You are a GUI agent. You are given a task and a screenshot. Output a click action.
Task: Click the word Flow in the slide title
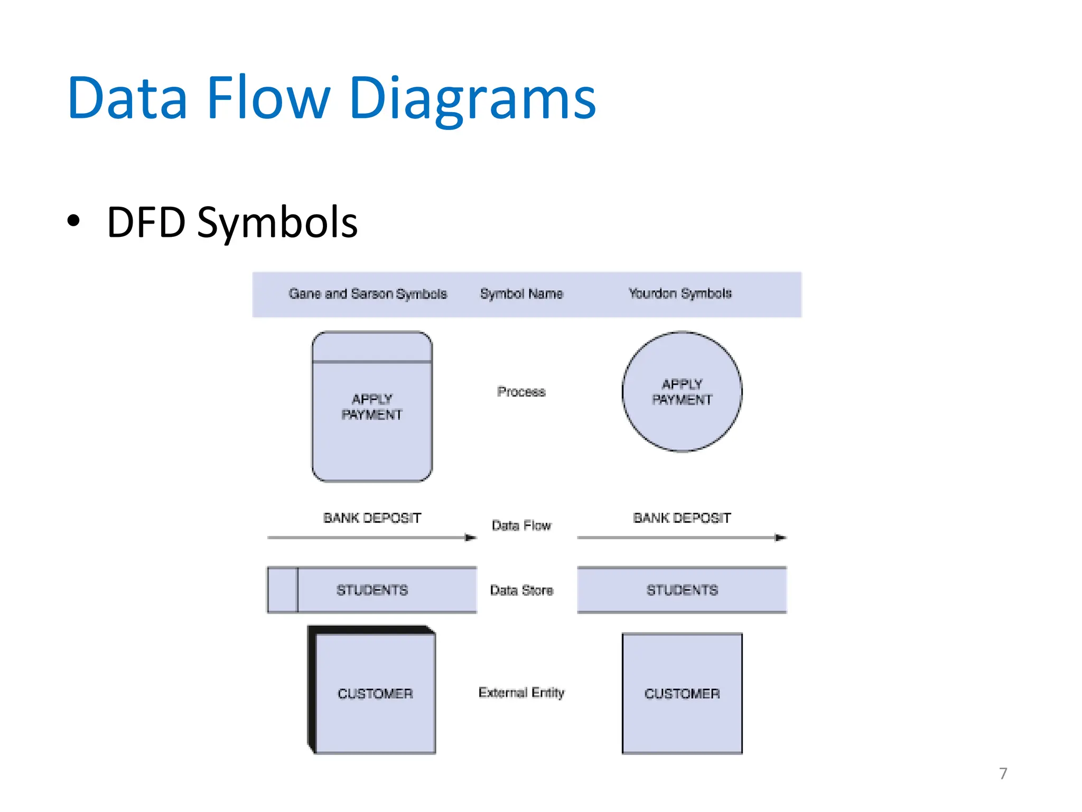tap(268, 98)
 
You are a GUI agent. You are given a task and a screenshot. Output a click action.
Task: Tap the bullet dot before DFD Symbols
tap(73, 221)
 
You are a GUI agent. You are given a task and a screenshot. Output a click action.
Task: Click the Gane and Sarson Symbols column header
tap(367, 294)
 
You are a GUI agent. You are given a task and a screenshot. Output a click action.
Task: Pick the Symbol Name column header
tap(521, 294)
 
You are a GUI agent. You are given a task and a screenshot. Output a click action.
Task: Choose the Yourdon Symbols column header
tap(679, 293)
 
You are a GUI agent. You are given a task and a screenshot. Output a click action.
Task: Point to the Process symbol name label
tap(521, 392)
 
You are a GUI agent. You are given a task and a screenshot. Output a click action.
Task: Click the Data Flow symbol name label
tap(521, 525)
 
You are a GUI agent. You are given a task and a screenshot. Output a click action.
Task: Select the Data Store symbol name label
tap(521, 590)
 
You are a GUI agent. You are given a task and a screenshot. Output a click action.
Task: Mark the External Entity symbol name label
tap(521, 693)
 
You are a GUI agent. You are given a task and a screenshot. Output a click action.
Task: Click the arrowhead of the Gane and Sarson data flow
tap(470, 538)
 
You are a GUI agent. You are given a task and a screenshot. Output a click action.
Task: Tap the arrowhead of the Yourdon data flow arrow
tap(780, 538)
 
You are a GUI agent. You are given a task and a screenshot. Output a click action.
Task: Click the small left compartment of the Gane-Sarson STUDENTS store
tap(283, 590)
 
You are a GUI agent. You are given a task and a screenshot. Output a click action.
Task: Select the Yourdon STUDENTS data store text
tap(682, 590)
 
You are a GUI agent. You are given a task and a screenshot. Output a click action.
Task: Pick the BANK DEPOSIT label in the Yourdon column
tap(682, 518)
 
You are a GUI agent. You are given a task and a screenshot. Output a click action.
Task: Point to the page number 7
tap(1003, 773)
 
